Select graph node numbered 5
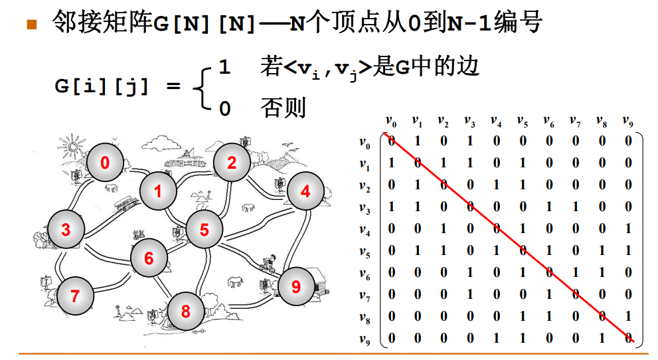pyautogui.click(x=204, y=230)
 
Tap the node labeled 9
pyautogui.click(x=296, y=286)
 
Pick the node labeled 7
pyautogui.click(x=74, y=296)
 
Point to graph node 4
pyautogui.click(x=305, y=191)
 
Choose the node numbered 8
pyautogui.click(x=185, y=311)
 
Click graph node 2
pyautogui.click(x=231, y=163)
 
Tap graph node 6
pyautogui.click(x=149, y=258)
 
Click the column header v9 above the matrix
pyautogui.click(x=628, y=122)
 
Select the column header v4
pyautogui.click(x=496, y=122)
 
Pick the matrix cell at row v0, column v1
pyautogui.click(x=418, y=141)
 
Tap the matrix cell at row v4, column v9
pyautogui.click(x=628, y=229)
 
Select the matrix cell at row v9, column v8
pyautogui.click(x=602, y=338)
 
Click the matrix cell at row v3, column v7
pyautogui.click(x=576, y=207)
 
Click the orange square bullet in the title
pyautogui.click(x=31, y=25)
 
